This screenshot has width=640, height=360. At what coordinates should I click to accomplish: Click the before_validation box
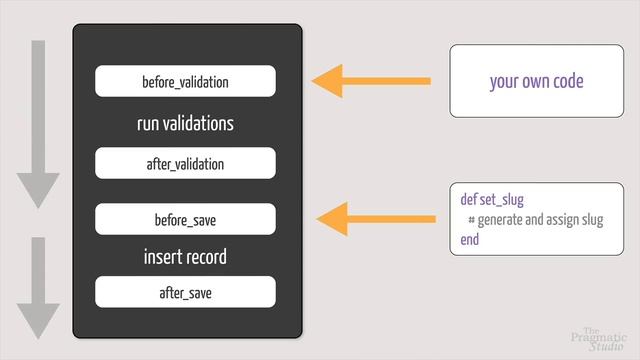tap(185, 81)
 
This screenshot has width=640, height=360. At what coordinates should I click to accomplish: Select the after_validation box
tap(185, 163)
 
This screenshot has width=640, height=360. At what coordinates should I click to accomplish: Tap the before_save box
tap(185, 219)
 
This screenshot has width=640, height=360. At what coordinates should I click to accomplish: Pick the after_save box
tap(185, 292)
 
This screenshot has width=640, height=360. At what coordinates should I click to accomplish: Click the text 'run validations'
tap(185, 123)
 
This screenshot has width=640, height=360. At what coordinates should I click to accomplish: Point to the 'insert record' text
tap(185, 257)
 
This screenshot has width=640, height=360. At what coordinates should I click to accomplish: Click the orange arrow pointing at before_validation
tap(371, 81)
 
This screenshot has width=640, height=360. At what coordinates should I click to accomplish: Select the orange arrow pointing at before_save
tap(376, 219)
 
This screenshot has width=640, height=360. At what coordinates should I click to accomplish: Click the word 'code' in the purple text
tap(568, 81)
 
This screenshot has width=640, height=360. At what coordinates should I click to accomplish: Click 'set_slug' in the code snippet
tap(502, 200)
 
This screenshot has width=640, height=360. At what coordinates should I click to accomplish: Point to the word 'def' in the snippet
tap(469, 199)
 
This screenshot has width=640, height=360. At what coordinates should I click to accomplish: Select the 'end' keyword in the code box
tap(469, 240)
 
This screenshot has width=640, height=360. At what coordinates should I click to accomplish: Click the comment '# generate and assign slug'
tap(536, 220)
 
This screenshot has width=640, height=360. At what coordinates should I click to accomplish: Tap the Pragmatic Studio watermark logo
tap(599, 339)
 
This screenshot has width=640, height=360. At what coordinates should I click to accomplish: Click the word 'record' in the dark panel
tap(208, 257)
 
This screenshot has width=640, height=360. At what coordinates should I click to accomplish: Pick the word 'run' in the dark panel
tap(148, 124)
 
